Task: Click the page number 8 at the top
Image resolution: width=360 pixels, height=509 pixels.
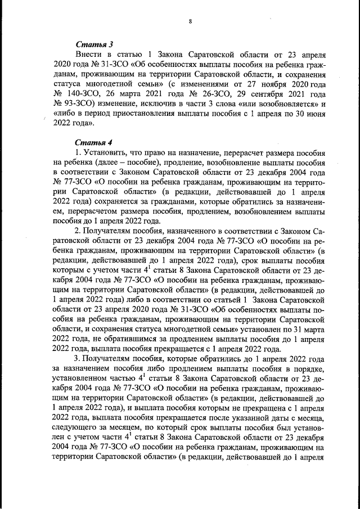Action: click(x=191, y=22)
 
